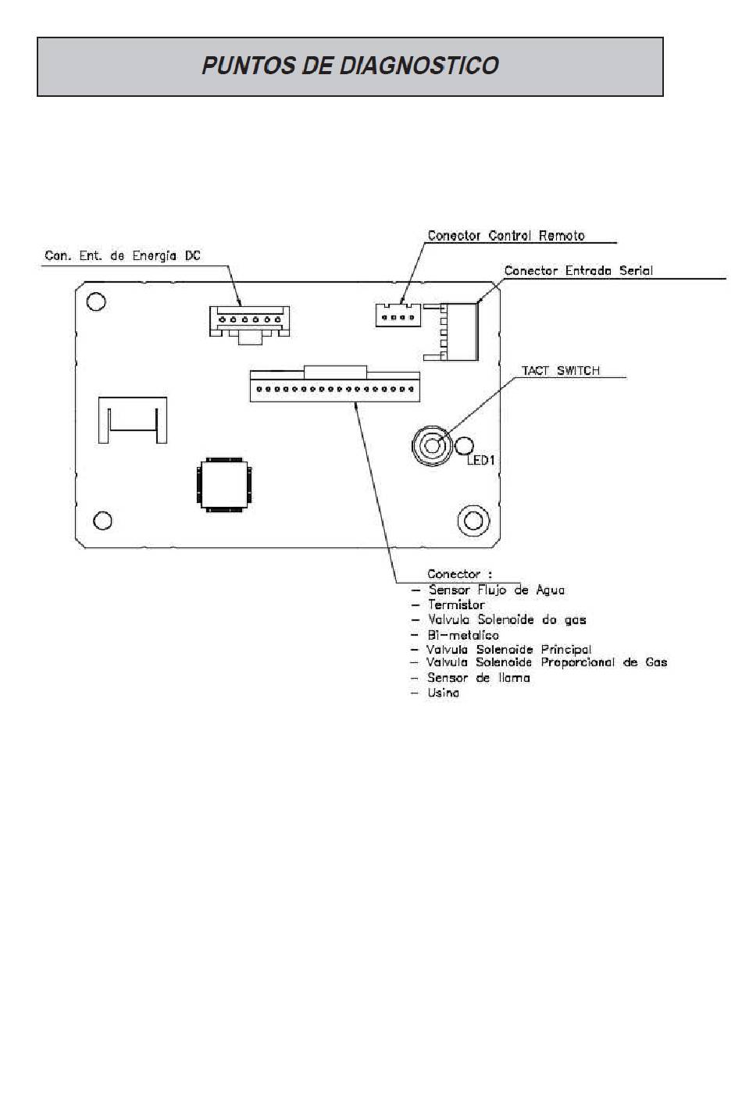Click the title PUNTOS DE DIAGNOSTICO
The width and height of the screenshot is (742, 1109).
click(350, 66)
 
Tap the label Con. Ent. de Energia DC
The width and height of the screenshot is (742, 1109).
click(123, 256)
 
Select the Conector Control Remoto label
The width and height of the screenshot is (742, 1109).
click(506, 236)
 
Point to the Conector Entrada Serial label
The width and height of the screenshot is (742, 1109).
click(579, 271)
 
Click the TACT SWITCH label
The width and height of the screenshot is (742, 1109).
click(560, 370)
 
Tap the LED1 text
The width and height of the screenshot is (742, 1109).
click(480, 461)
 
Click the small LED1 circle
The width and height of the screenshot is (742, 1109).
click(464, 446)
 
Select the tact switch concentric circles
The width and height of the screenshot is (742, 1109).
click(431, 446)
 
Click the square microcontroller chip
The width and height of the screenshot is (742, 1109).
click(223, 485)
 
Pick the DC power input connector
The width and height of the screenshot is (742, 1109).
click(249, 325)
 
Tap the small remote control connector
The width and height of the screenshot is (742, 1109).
click(398, 316)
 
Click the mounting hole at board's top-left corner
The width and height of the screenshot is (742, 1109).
click(95, 301)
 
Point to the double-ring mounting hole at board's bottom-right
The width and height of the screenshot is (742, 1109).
click(473, 520)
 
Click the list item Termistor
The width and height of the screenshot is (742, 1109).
click(456, 604)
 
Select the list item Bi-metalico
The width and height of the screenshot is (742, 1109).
click(463, 635)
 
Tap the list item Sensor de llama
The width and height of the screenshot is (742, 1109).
click(479, 678)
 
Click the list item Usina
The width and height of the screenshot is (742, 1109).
click(444, 693)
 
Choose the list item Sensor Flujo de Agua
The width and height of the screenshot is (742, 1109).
click(497, 590)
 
